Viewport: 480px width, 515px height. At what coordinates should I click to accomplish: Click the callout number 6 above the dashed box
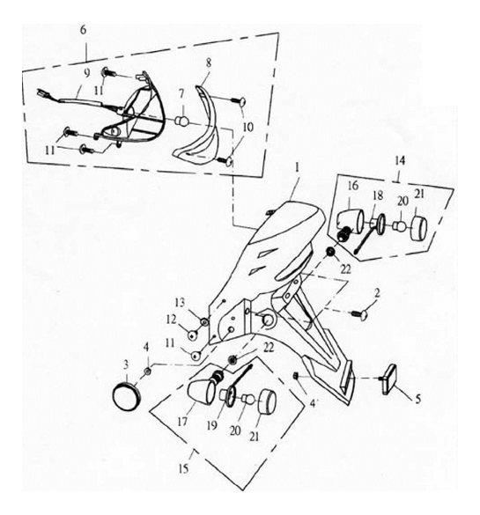point(83,30)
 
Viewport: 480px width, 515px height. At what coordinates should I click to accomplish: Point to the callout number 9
point(86,73)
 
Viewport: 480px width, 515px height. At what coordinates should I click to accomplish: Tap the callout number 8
point(209,63)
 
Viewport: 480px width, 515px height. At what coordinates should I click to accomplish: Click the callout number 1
point(298,168)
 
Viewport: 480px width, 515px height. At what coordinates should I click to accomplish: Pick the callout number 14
point(400,161)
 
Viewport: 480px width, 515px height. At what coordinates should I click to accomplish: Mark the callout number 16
point(353,186)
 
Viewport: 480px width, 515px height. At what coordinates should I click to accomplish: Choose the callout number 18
point(378,195)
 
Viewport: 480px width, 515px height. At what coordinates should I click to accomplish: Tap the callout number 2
point(377,292)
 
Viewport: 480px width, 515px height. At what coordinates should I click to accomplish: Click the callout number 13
point(180,303)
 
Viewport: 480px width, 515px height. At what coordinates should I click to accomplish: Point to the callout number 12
point(171,320)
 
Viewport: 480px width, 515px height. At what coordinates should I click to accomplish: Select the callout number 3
point(126,364)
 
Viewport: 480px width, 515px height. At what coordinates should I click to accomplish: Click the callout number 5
point(417,399)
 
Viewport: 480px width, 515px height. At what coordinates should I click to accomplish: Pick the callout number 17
point(182,422)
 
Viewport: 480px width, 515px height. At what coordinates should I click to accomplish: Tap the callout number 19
point(212,426)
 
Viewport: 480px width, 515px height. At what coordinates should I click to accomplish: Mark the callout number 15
point(184,468)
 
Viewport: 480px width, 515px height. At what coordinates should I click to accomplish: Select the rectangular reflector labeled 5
point(388,379)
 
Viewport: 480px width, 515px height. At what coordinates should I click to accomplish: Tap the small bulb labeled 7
point(182,121)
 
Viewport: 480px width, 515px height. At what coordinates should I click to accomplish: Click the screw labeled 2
point(359,314)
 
